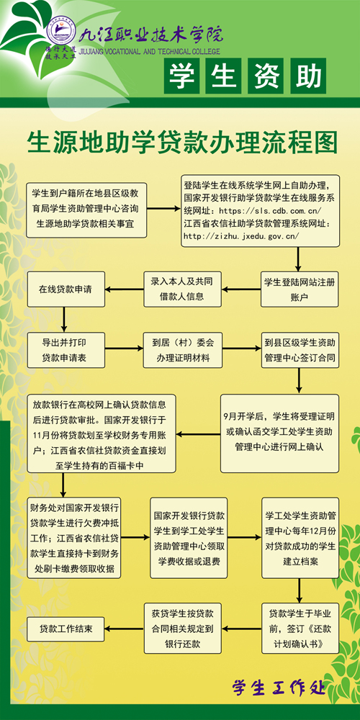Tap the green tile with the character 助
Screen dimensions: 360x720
pos(307,76)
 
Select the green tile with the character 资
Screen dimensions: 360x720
pos(266,76)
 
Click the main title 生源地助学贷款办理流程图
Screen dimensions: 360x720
pos(182,143)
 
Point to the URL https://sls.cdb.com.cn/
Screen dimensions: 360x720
pos(271,211)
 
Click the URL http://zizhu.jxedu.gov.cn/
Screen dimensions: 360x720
pos(241,236)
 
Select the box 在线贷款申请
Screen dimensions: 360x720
pos(66,289)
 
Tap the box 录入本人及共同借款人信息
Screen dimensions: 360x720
pos(183,289)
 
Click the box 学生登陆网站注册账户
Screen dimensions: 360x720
pos(300,289)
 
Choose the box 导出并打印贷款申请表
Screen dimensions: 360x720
pos(66,351)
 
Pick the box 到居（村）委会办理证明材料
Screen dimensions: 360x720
pos(183,351)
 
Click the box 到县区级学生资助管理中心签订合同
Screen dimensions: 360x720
pos(300,351)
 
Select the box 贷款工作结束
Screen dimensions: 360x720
pos(66,629)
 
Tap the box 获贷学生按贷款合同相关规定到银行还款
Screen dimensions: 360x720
pos(183,628)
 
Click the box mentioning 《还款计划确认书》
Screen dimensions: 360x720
pos(300,628)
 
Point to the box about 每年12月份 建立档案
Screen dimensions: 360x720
pos(300,538)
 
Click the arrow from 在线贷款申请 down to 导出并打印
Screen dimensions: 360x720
pos(63,320)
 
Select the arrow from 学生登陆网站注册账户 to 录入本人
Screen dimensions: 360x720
pos(241,289)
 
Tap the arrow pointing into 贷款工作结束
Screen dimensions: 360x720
pos(125,629)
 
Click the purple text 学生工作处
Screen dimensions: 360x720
pos(279,688)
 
